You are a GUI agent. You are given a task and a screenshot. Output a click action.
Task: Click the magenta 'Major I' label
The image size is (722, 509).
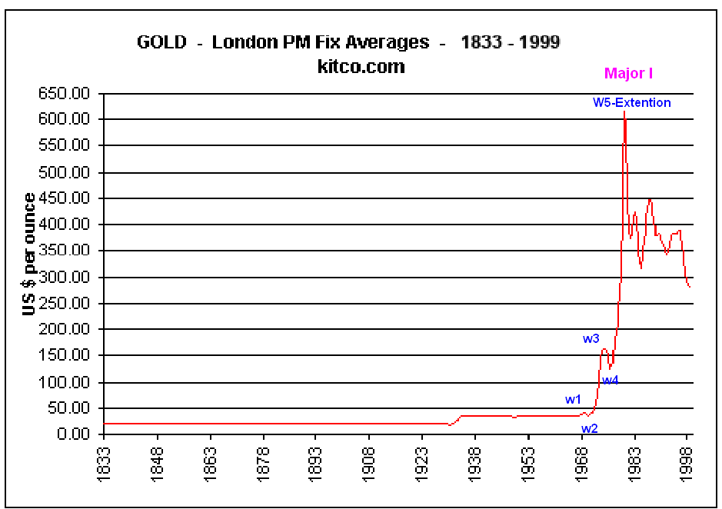[628, 74]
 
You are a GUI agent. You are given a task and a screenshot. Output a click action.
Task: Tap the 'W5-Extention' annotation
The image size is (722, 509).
[631, 102]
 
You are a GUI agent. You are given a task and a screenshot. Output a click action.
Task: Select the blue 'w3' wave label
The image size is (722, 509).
[591, 338]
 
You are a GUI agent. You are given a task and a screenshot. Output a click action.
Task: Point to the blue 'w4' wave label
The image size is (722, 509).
[611, 380]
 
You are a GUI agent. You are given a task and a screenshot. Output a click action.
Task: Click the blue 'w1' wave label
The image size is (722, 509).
[573, 399]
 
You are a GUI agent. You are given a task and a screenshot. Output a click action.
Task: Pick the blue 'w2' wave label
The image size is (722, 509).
[589, 428]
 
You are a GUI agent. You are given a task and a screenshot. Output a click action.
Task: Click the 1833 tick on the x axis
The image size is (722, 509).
[105, 463]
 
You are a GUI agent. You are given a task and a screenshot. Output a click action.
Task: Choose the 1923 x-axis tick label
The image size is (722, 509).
[422, 463]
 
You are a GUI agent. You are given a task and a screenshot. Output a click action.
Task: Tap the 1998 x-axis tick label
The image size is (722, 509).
[687, 463]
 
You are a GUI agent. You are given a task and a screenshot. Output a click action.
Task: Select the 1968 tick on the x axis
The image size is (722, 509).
[581, 463]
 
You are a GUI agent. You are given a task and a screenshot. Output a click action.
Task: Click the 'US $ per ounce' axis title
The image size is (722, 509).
[29, 254]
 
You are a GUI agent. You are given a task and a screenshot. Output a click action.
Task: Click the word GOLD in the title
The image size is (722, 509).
[161, 42]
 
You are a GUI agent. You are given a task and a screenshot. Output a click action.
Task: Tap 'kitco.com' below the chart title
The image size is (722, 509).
[361, 67]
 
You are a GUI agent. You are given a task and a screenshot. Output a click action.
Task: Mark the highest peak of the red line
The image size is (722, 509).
[624, 112]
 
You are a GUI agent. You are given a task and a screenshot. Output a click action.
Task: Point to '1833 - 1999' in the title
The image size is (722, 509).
[511, 42]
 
